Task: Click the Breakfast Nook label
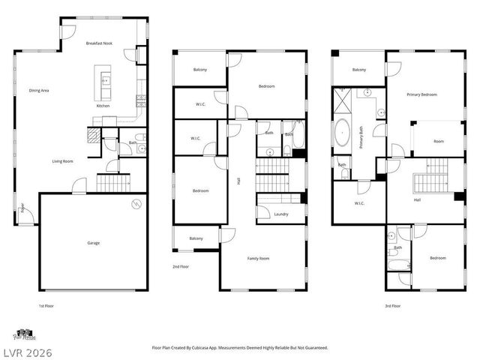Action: click(x=100, y=43)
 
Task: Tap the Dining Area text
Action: click(x=39, y=90)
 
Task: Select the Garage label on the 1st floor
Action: click(x=93, y=243)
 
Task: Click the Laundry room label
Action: click(x=281, y=214)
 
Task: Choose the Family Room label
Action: click(x=259, y=258)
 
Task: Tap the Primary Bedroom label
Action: click(x=421, y=94)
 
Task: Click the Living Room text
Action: click(x=62, y=161)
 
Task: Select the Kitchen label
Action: click(x=103, y=106)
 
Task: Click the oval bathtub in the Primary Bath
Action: click(x=343, y=133)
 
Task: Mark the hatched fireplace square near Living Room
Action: click(x=91, y=135)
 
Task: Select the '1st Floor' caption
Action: click(x=46, y=306)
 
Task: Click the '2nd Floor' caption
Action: click(x=181, y=266)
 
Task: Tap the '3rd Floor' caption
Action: click(x=393, y=306)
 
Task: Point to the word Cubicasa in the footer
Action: click(x=220, y=348)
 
